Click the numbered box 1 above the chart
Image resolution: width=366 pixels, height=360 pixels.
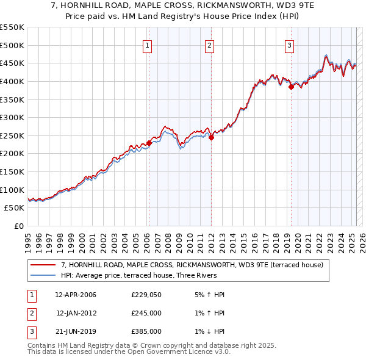point(148,45)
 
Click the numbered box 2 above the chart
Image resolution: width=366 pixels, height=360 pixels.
point(209,45)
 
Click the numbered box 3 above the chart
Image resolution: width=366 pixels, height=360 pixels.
point(289,45)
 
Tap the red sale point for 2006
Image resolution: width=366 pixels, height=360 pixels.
point(149,143)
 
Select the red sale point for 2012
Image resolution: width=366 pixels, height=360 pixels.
point(211,138)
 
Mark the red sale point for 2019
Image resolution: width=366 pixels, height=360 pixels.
point(291,87)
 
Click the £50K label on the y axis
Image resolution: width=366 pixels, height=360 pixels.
point(15,208)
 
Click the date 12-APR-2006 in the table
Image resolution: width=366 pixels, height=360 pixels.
point(76,295)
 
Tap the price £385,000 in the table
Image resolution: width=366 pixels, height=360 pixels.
point(146,331)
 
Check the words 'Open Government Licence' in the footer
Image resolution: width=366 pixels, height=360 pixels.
point(182,352)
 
